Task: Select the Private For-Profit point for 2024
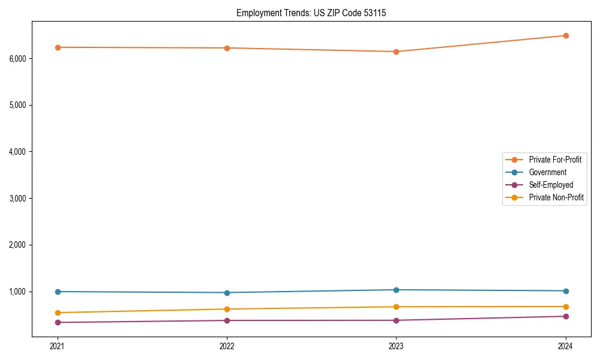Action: (565, 35)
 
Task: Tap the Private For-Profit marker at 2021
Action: (58, 47)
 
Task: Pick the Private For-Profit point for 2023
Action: (396, 52)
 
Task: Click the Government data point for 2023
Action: (396, 290)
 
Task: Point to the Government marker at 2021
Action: (58, 292)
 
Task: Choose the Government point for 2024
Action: (565, 291)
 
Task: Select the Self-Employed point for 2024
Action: (565, 316)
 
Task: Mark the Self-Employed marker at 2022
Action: (227, 320)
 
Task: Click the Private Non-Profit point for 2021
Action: (58, 313)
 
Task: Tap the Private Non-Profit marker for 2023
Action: (396, 307)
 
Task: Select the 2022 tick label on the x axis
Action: (227, 346)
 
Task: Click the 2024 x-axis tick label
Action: (565, 346)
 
